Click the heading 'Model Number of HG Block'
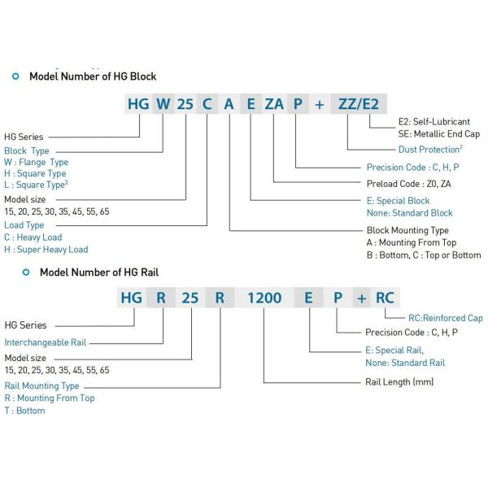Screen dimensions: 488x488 pyautogui.click(x=93, y=76)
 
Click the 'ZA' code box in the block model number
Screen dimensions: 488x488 pyautogui.click(x=274, y=105)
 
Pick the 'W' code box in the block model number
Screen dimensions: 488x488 pyautogui.click(x=163, y=105)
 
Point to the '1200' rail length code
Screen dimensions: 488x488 pyautogui.click(x=264, y=298)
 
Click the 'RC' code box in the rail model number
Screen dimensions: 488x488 pyautogui.click(x=385, y=298)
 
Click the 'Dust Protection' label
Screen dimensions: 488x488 pyautogui.click(x=430, y=150)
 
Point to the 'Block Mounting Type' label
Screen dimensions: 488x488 pyautogui.click(x=407, y=230)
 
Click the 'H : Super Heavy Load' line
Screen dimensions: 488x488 pyautogui.click(x=46, y=250)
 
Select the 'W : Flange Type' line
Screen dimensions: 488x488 pyautogui.click(x=37, y=162)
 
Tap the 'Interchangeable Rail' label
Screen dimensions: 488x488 pyautogui.click(x=45, y=342)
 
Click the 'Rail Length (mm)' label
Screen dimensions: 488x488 pyautogui.click(x=401, y=381)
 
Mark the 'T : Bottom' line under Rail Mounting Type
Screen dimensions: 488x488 pyautogui.click(x=24, y=411)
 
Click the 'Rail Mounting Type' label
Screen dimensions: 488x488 pyautogui.click(x=42, y=386)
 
